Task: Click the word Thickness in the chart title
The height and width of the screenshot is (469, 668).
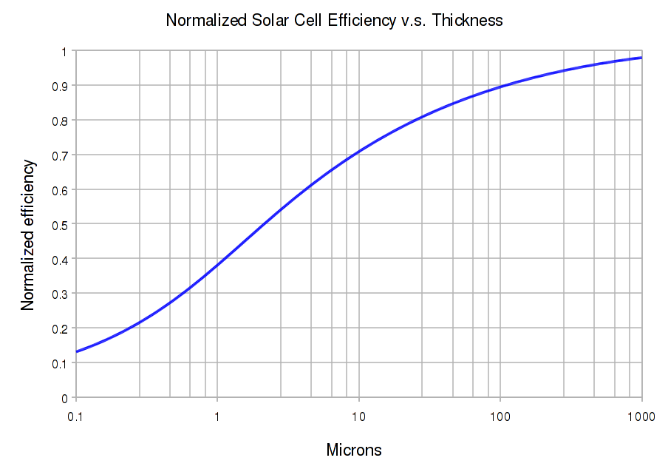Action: [x=467, y=21]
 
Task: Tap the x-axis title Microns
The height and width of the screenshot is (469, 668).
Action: [x=354, y=450]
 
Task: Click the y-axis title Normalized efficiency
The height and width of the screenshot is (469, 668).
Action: [x=28, y=235]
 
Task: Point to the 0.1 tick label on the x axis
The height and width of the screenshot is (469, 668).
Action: [x=75, y=416]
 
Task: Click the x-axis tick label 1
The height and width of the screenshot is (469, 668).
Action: [x=217, y=416]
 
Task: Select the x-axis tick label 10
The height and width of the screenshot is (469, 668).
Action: [x=358, y=416]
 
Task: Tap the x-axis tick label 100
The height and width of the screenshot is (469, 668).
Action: [x=500, y=416]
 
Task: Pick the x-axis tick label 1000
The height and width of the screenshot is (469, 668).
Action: [x=640, y=416]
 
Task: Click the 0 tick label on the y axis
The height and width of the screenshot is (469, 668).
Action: [x=64, y=398]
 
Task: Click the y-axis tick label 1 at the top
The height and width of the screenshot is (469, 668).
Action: [x=64, y=51]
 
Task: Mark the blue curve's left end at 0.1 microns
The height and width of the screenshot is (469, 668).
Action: [x=76, y=351]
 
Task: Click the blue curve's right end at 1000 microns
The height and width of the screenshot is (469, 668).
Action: [x=641, y=58]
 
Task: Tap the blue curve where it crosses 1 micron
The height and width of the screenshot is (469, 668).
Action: [x=217, y=265]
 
